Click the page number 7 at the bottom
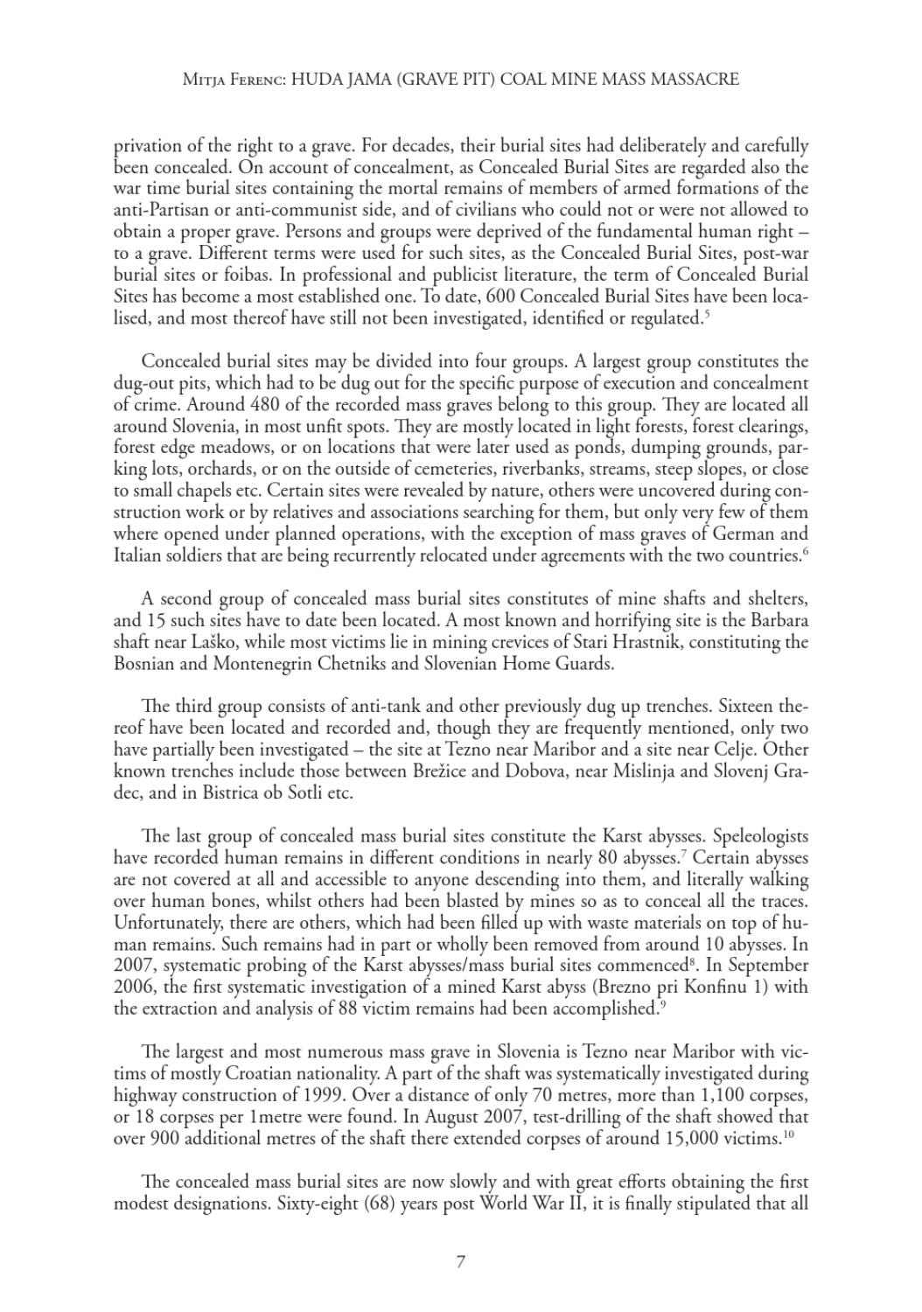click(460, 1261)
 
